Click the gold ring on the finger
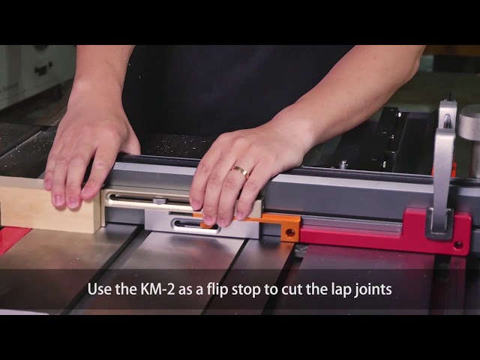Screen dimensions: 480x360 pyautogui.click(x=241, y=172)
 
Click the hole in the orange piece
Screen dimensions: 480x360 pyautogui.click(x=290, y=233)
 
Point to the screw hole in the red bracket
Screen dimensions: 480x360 pyautogui.click(x=458, y=244)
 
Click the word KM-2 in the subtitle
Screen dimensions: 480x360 pyautogui.click(x=157, y=289)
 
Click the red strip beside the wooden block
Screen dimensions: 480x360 pyautogui.click(x=12, y=238)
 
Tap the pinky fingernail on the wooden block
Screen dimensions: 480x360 pyautogui.click(x=57, y=200)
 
